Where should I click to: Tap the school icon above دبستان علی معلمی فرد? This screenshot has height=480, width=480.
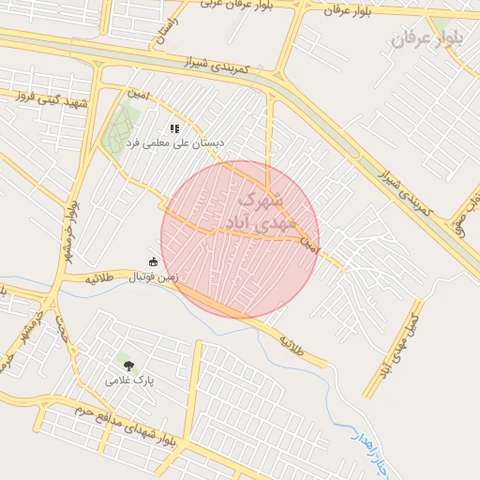173,127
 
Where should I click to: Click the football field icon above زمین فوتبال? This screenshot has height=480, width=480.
153,262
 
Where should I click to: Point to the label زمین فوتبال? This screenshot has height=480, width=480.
154,277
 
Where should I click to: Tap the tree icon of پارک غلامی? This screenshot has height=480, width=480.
128,366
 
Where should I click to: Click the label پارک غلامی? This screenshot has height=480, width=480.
130,381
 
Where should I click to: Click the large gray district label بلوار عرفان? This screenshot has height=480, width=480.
427,38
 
